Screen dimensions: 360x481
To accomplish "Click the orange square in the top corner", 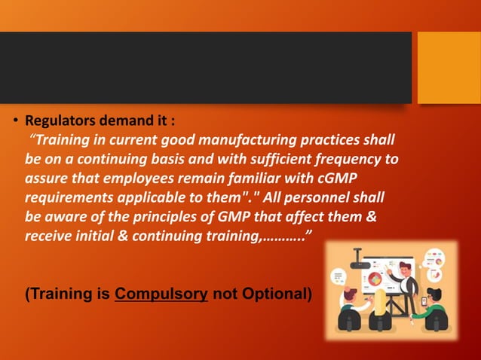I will pos(449,68).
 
